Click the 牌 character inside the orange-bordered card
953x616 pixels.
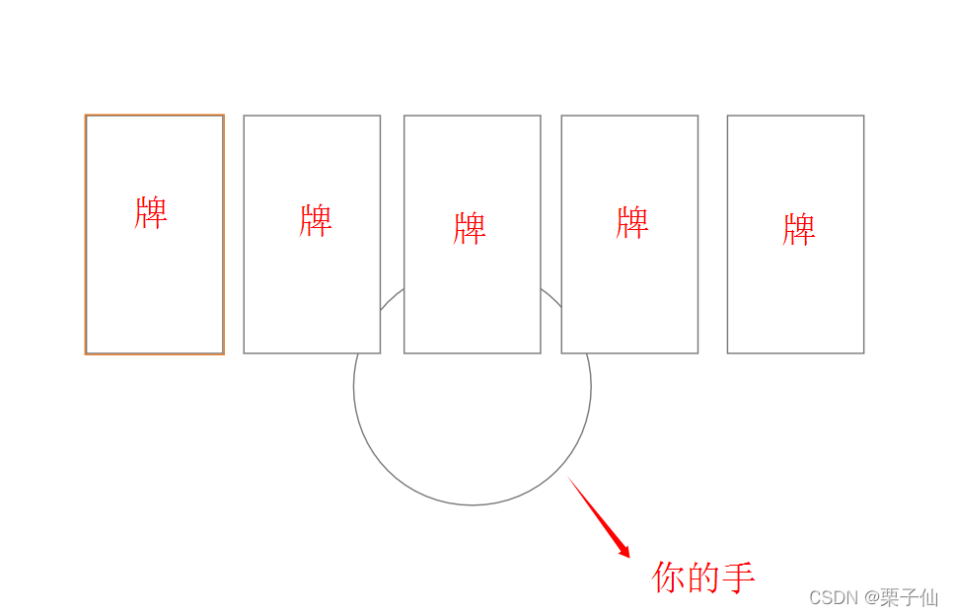152,212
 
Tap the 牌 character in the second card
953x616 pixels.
316,220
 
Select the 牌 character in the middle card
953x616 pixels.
470,228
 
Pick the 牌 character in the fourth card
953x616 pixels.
632,222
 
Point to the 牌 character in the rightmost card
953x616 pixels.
799,230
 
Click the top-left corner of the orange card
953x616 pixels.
86,115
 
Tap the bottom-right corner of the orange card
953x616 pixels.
223,352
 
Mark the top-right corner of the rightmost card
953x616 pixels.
864,115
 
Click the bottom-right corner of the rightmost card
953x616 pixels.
864,352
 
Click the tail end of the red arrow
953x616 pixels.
569,479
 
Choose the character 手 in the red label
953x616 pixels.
739,577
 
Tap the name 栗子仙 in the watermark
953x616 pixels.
909,598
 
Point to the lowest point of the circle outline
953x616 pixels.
473,505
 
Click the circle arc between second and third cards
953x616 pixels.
393,298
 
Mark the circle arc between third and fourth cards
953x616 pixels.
551,297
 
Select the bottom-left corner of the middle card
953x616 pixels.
404,352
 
